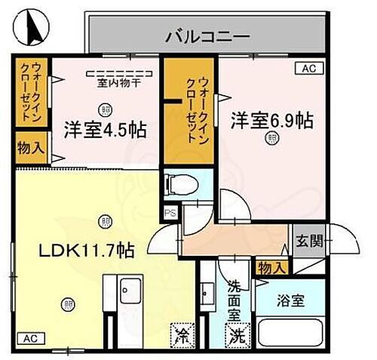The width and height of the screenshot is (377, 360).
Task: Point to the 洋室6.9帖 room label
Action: point(271,120)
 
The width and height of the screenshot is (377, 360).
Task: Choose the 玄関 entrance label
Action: point(309,242)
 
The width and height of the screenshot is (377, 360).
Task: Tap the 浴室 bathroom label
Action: point(291,300)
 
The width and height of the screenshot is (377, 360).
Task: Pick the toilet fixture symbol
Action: point(179,183)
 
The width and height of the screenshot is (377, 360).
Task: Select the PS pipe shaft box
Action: point(170,212)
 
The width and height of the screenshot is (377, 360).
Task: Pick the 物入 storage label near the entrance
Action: point(271,266)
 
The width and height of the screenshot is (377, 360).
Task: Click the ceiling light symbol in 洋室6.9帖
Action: point(270,138)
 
